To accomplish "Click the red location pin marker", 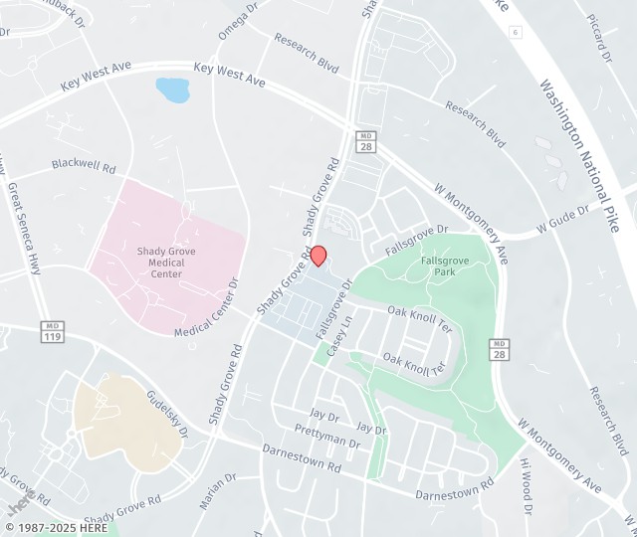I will pos(318,256).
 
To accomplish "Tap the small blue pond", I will pos(173,90).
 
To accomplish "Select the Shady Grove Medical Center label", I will pos(166,263).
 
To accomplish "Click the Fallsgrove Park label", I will pos(438,266).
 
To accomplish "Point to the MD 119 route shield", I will pos(53,330).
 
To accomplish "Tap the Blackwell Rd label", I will pos(85,165).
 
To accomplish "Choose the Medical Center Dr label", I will pos(208,309).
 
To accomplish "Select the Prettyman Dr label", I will pos(326,434).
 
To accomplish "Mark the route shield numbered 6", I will pos(515,33).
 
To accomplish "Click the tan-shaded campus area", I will pos(124,423).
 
